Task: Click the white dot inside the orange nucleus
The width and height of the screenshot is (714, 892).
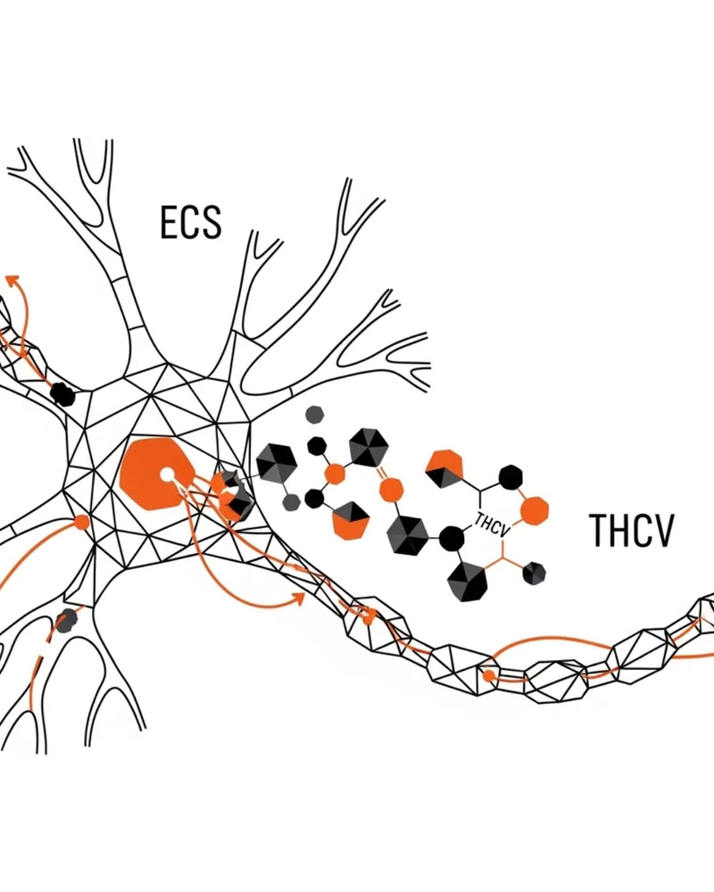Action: [166, 475]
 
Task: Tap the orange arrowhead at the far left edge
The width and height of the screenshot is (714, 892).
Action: [12, 280]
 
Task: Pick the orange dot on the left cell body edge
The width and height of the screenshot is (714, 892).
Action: [82, 522]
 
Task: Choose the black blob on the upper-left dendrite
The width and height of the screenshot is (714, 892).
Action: [62, 393]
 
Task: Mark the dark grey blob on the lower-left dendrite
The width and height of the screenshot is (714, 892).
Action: [65, 620]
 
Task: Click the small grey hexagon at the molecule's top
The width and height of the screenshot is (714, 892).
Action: [313, 415]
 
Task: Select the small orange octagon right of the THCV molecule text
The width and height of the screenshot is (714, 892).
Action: [535, 509]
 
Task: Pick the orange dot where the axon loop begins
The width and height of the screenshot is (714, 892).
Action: [489, 675]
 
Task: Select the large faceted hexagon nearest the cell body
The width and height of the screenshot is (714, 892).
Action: [277, 464]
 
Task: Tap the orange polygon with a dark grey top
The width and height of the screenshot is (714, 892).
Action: [350, 521]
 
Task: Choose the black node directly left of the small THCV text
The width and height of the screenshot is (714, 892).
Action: [452, 538]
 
